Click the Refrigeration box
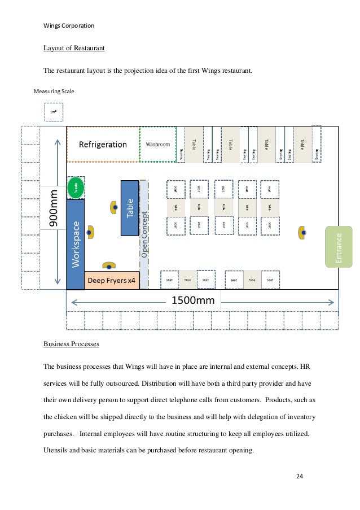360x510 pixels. pos(103,144)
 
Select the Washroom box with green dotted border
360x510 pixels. pos(158,144)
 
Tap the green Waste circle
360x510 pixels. pos(75,188)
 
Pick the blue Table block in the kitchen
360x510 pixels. pos(129,208)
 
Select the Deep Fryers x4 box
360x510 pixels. pos(112,280)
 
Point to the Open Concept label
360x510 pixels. pos(144,235)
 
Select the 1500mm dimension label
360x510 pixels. pos(193,300)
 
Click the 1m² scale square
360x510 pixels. pos(54,112)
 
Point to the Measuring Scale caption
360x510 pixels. pos(54,90)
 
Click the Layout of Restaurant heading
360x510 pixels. pos(74,48)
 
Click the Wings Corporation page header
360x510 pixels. pos(69,25)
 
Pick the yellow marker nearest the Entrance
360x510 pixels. pos(303,232)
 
